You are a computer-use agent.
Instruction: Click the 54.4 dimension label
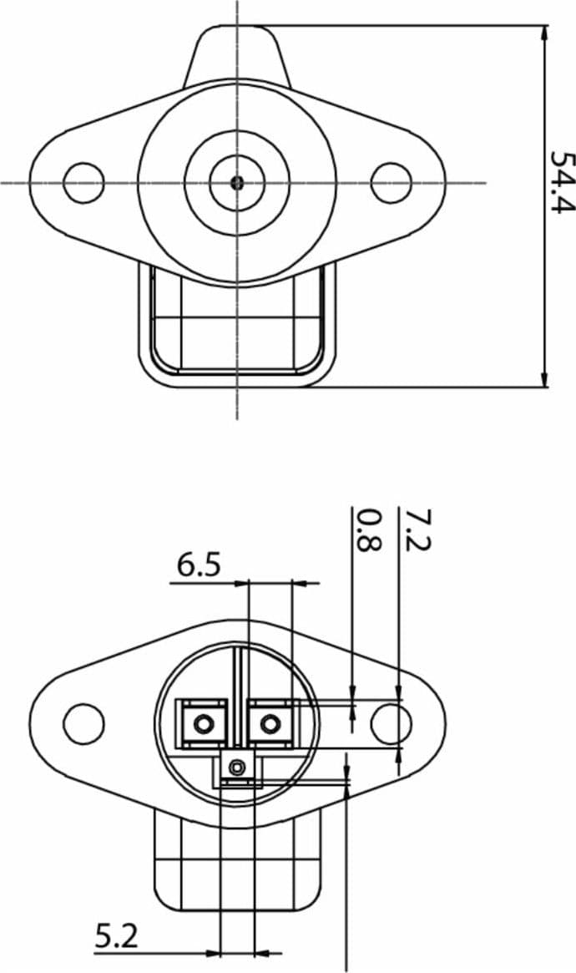pyautogui.click(x=563, y=182)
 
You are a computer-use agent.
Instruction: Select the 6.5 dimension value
pyautogui.click(x=199, y=566)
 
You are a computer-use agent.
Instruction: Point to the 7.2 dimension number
pyautogui.click(x=417, y=530)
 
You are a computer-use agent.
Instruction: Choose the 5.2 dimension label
pyautogui.click(x=117, y=936)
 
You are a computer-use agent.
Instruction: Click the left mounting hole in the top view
pyautogui.click(x=83, y=182)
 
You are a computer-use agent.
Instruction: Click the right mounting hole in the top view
pyautogui.click(x=391, y=182)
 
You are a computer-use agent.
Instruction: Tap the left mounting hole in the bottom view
pyautogui.click(x=83, y=724)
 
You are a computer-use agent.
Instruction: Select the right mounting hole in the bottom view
pyautogui.click(x=391, y=724)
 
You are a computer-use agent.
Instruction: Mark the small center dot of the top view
pyautogui.click(x=237, y=182)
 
